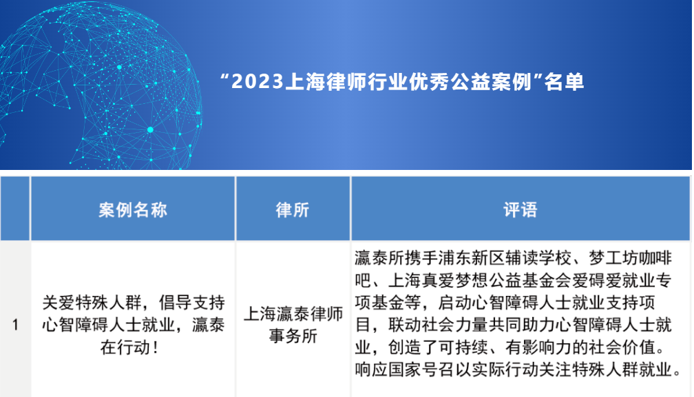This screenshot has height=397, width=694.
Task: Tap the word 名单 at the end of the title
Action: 564,82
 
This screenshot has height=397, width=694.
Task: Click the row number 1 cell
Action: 15,324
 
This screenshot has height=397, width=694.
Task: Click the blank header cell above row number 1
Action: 15,209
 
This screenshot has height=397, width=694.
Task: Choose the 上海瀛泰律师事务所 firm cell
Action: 293,324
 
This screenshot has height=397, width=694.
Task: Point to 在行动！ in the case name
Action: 133,346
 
